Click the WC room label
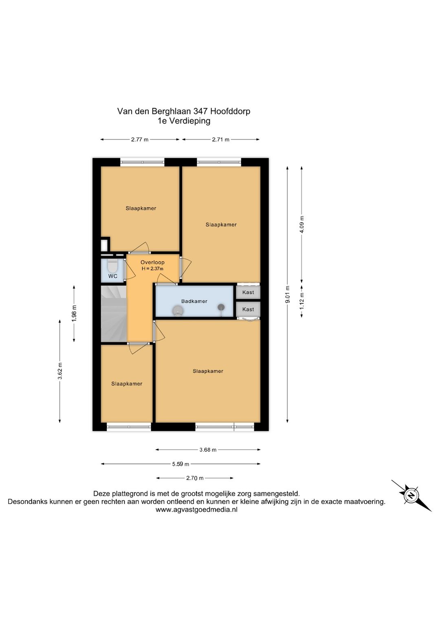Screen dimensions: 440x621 [x=113, y=276]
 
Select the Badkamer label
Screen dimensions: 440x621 [x=194, y=301]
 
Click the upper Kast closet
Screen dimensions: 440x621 [x=248, y=292]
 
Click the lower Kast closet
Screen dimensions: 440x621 [x=248, y=309]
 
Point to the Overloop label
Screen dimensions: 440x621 [x=152, y=262]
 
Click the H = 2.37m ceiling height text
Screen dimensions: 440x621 [x=152, y=268]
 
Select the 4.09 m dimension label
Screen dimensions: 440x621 [x=302, y=224]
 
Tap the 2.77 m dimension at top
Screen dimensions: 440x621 [x=140, y=140]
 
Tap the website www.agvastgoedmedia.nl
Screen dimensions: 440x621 [x=196, y=509]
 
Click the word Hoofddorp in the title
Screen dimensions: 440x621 [x=230, y=111]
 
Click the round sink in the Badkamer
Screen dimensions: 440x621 [x=177, y=311]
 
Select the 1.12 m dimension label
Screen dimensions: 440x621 [x=302, y=301]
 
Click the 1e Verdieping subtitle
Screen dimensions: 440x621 [x=184, y=121]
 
